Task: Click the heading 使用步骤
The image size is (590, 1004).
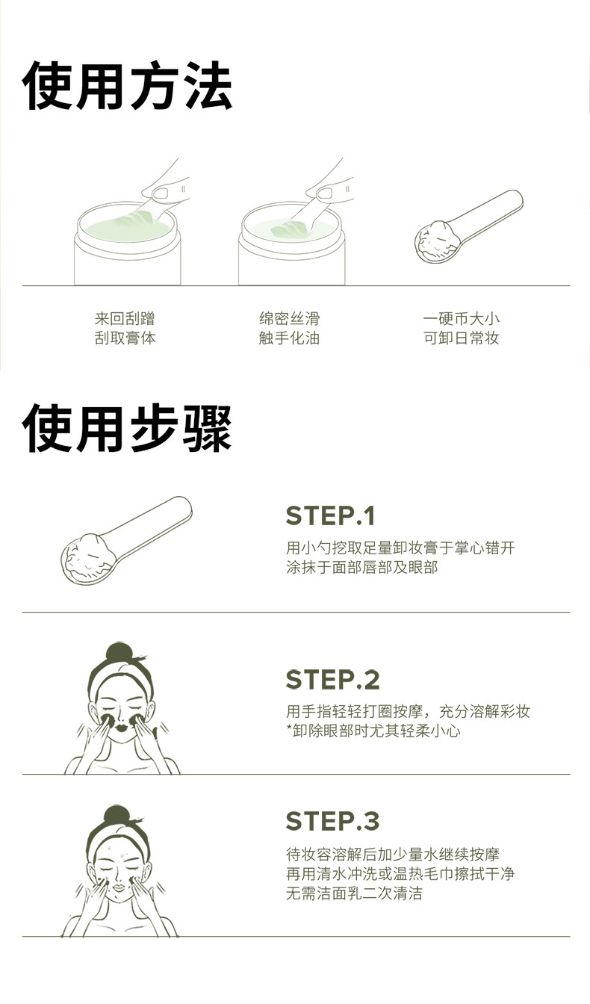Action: [127, 429]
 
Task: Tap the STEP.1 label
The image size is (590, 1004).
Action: [330, 516]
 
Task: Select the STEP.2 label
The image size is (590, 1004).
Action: [332, 680]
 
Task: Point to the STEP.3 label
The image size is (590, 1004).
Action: [332, 821]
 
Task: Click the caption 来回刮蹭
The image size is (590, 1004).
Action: [125, 319]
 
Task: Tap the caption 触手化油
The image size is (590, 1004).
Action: [289, 338]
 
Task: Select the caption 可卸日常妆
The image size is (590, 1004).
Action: [461, 338]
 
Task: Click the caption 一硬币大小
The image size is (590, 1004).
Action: [461, 319]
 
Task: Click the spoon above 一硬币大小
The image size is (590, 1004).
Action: [468, 228]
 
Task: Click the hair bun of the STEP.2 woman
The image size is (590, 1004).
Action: [119, 653]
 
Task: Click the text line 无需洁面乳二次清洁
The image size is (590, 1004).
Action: [353, 893]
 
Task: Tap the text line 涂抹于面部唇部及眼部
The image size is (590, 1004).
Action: [361, 567]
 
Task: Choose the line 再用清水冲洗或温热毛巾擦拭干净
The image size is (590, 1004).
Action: [400, 874]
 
